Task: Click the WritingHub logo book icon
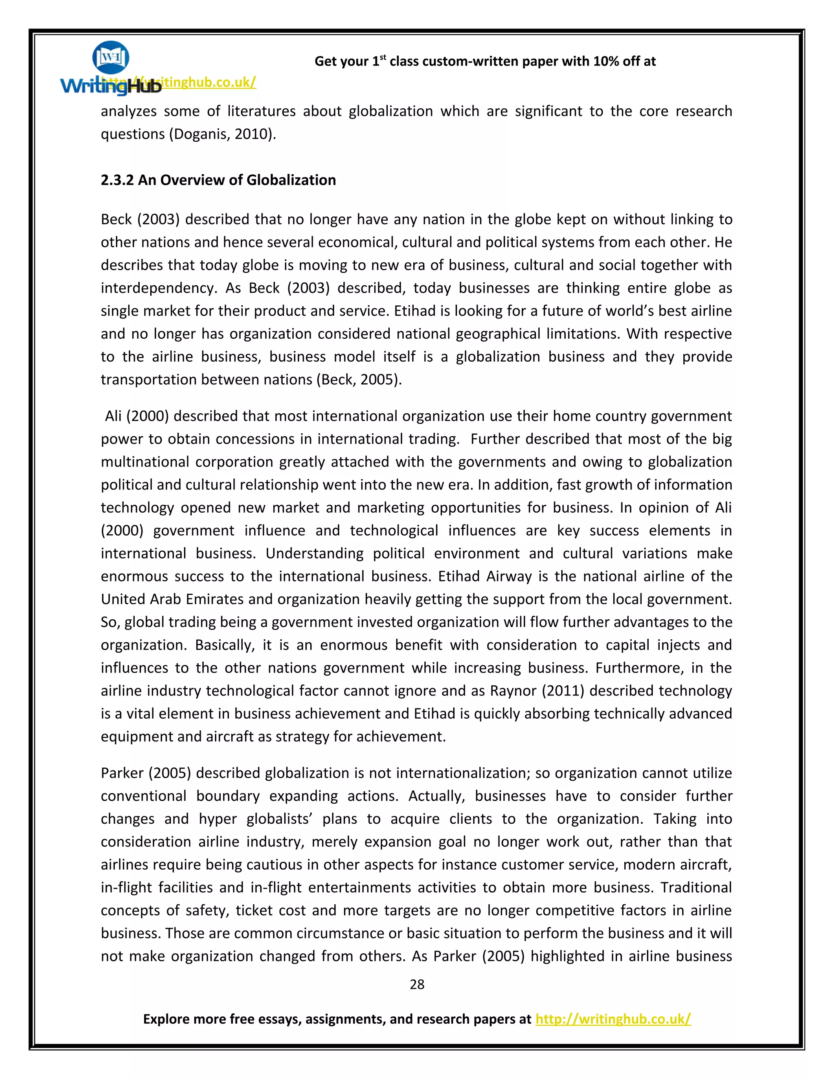[x=111, y=57]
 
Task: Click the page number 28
[x=417, y=985]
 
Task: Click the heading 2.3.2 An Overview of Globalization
[x=218, y=180]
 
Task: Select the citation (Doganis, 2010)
[x=223, y=134]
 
